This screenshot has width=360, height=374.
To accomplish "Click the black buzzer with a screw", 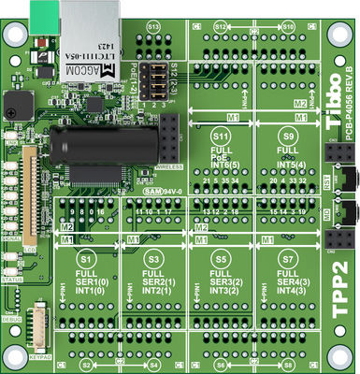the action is (17, 105).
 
